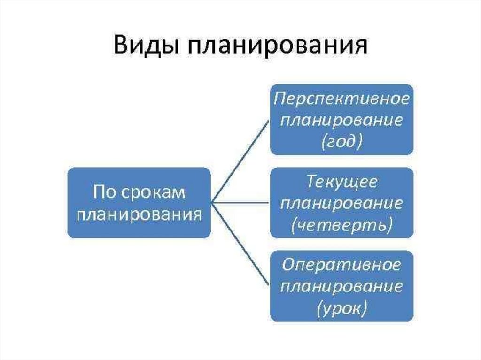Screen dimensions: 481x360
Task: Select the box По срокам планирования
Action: point(139,203)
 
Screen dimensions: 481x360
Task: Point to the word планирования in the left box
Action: point(139,214)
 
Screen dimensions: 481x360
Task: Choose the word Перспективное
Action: point(341,100)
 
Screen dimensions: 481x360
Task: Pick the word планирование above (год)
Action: point(341,121)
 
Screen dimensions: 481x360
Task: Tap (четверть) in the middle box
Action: point(341,225)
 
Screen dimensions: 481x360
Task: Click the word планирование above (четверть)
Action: point(341,204)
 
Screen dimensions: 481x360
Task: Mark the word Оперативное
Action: point(341,266)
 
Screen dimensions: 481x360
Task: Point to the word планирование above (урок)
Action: point(341,287)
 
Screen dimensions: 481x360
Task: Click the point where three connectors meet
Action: point(212,203)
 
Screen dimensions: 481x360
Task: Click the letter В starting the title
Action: point(120,47)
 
